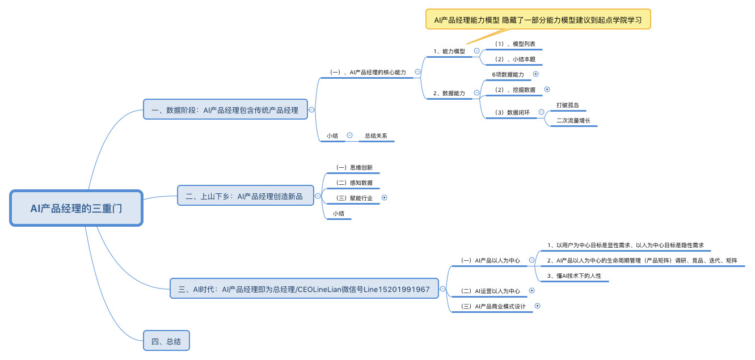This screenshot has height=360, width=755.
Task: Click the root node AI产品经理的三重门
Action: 76,208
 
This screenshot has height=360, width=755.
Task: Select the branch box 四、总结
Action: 166,341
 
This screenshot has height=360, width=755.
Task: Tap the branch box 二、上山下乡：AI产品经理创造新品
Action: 244,197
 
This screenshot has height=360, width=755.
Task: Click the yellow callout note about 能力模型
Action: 538,19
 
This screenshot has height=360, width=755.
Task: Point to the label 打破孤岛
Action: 567,105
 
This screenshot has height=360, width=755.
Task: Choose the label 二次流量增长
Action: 573,120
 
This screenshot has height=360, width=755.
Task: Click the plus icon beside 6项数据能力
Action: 535,74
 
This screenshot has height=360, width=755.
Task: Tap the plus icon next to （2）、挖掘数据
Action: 547,90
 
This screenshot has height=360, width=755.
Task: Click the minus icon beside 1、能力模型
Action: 476,51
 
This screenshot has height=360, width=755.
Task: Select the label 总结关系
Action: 376,135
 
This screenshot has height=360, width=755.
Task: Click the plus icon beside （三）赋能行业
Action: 384,198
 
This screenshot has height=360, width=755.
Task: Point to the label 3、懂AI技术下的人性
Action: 574,276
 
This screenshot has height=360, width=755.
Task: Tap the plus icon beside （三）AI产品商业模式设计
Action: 537,306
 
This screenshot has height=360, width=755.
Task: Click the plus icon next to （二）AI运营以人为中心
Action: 532,291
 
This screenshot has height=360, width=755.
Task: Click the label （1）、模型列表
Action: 514,44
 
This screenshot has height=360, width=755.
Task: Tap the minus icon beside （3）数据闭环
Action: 541,112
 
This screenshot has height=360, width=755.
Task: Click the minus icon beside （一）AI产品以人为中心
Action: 532,260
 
